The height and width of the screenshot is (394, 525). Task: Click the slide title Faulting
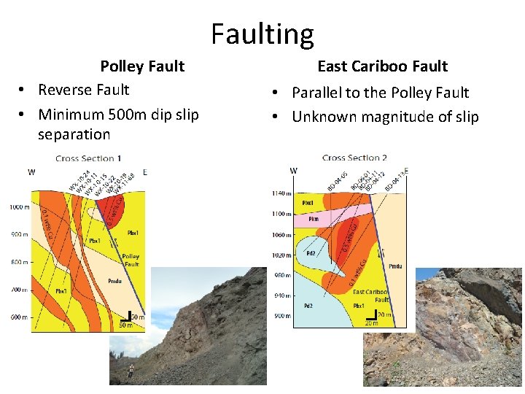pyautogui.click(x=262, y=34)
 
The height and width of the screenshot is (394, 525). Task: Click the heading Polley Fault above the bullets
pyautogui.click(x=142, y=66)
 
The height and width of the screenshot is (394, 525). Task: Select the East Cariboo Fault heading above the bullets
pyautogui.click(x=383, y=66)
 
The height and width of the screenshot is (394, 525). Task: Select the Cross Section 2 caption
pyautogui.click(x=355, y=158)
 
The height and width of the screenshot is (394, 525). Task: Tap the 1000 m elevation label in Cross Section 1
pyautogui.click(x=19, y=207)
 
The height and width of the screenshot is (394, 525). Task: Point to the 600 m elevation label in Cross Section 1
pyautogui.click(x=19, y=317)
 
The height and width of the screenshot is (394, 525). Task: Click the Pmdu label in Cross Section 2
pyautogui.click(x=394, y=267)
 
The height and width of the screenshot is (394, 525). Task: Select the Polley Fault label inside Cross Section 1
pyautogui.click(x=131, y=260)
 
